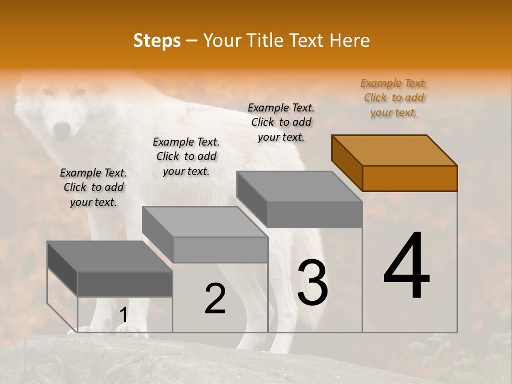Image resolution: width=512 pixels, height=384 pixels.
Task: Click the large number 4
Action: pos(407,266)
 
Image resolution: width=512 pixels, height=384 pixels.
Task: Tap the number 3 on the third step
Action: pos(313,283)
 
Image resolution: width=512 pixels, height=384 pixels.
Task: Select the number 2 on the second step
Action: pos(215,299)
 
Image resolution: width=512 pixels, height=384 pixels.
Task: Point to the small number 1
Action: pos(123,315)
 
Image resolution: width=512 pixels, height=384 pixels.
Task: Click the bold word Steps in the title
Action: pos(157,41)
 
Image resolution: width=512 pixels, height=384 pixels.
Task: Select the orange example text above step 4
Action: pos(394,98)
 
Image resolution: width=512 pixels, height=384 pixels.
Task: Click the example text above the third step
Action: pos(282,122)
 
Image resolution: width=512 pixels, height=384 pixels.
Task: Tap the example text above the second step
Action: pos(186,156)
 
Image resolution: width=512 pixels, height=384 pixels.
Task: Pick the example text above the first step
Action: pos(93,187)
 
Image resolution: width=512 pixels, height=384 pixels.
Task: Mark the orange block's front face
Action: pos(410,178)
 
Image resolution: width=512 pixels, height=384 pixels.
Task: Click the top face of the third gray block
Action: pos(299,187)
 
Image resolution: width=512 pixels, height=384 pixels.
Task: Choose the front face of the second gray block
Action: pos(220,250)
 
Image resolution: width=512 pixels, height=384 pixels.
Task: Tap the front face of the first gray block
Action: pos(125,284)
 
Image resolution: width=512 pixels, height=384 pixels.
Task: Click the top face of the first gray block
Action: pos(109,257)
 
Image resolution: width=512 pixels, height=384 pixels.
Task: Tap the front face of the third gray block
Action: pos(315,214)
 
